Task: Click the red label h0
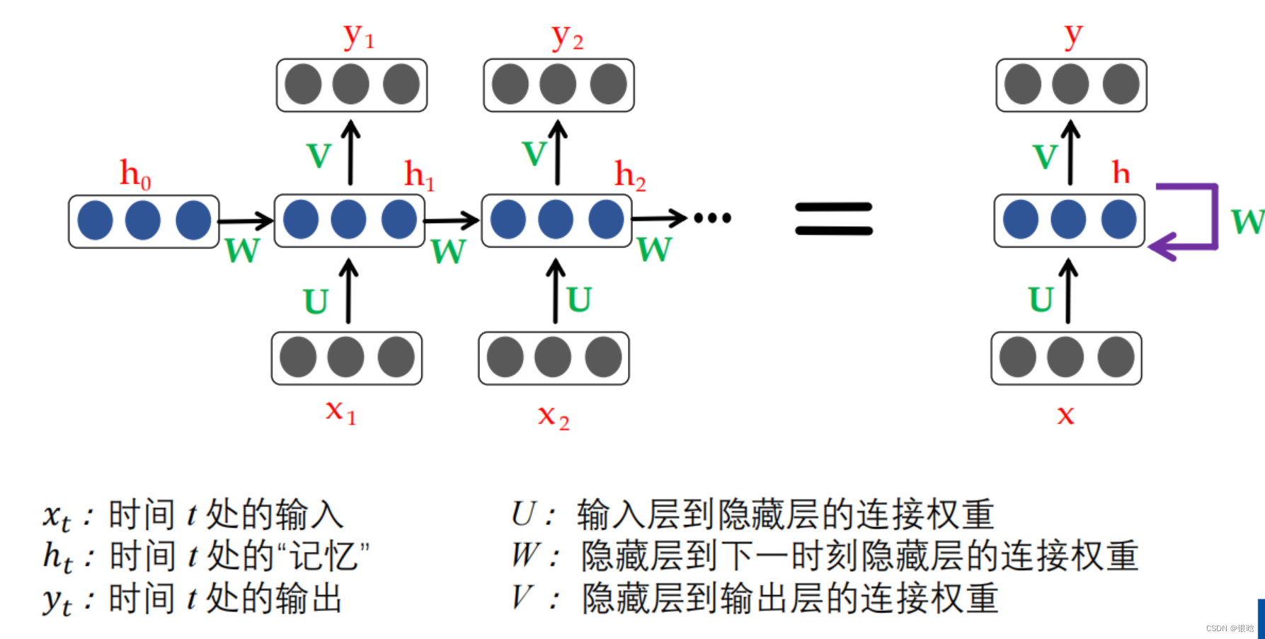(x=135, y=174)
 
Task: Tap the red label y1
(x=358, y=37)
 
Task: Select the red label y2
(x=567, y=37)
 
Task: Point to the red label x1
(x=340, y=411)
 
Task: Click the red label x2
(x=553, y=416)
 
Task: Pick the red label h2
(x=629, y=175)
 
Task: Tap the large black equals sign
(x=833, y=219)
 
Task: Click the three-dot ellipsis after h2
(x=712, y=218)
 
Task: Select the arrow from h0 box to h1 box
(x=246, y=221)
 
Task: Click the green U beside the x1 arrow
(x=316, y=302)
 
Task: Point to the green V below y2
(x=534, y=154)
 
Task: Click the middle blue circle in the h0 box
(x=143, y=220)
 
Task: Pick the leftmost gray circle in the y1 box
(x=303, y=84)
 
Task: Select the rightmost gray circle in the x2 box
(x=603, y=357)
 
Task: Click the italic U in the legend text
(x=525, y=514)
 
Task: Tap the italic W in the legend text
(x=526, y=555)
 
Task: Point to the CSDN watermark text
(x=1230, y=628)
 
